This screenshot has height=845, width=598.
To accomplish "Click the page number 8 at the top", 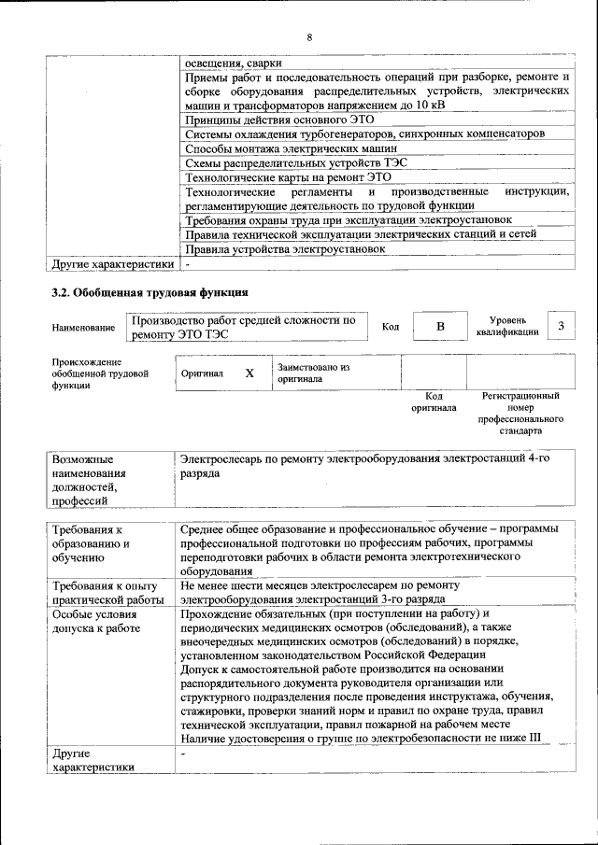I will [x=308, y=37].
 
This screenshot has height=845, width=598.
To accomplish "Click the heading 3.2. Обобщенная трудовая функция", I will [x=149, y=292].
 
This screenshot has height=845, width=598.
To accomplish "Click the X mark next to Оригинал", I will [x=249, y=373].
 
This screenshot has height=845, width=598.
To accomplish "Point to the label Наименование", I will [x=84, y=328].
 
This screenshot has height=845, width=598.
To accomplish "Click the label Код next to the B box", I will [x=391, y=326].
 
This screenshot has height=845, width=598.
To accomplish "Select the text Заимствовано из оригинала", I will [x=313, y=373].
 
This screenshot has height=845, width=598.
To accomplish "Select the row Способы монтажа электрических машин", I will [x=292, y=148].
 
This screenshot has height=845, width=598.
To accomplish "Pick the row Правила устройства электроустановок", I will [x=285, y=249].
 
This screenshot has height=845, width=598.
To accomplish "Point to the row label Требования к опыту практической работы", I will [x=107, y=593].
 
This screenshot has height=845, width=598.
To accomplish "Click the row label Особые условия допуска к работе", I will [x=96, y=621].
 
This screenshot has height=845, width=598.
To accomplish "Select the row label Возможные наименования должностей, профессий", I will [x=93, y=480].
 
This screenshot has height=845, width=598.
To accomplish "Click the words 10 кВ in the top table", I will [x=430, y=106].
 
